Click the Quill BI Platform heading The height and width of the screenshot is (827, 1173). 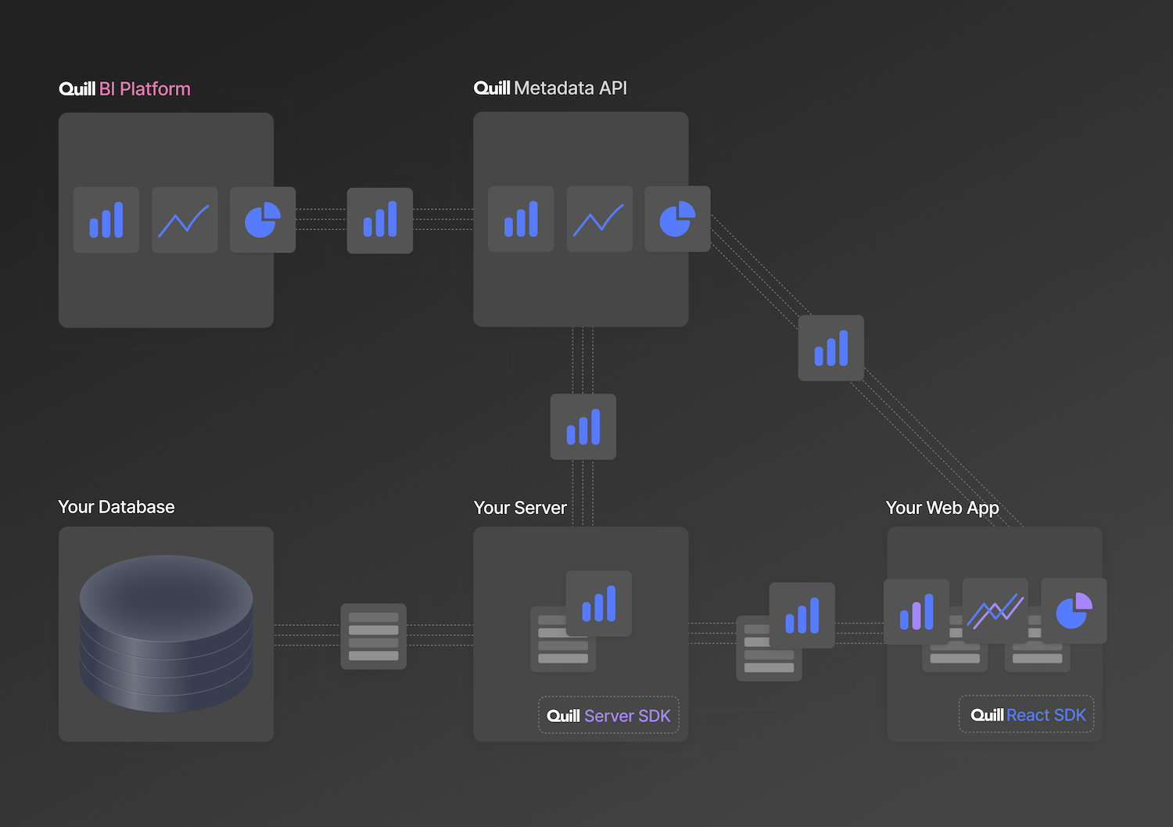pos(124,88)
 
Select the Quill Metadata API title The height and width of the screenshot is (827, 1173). pos(551,88)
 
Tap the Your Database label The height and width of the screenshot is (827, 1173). pos(117,507)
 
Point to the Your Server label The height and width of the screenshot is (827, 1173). pos(520,508)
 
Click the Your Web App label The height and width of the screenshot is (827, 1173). pos(942,508)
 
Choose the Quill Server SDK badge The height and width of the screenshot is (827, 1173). pos(608,715)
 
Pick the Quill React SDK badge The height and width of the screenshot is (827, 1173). pos(1027,714)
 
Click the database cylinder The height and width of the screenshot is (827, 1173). pos(166,633)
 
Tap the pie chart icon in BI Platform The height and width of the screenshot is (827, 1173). pos(263,220)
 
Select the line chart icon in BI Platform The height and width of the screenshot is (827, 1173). pos(185,220)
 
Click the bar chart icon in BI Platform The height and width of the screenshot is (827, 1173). pos(106,220)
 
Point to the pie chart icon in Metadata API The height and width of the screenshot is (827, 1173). pos(677,219)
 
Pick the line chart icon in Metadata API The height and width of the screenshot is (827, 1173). pos(599,219)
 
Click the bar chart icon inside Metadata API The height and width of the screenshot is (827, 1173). pos(521,219)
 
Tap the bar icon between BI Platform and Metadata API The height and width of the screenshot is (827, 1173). pos(380,221)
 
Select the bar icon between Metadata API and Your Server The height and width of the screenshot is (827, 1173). pos(583,427)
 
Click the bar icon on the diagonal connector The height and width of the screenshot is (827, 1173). pos(831,348)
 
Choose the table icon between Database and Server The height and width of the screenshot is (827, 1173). pos(374,636)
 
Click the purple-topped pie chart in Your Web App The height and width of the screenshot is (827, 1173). pos(1074,611)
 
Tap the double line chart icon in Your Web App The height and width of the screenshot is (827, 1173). pos(995,611)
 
